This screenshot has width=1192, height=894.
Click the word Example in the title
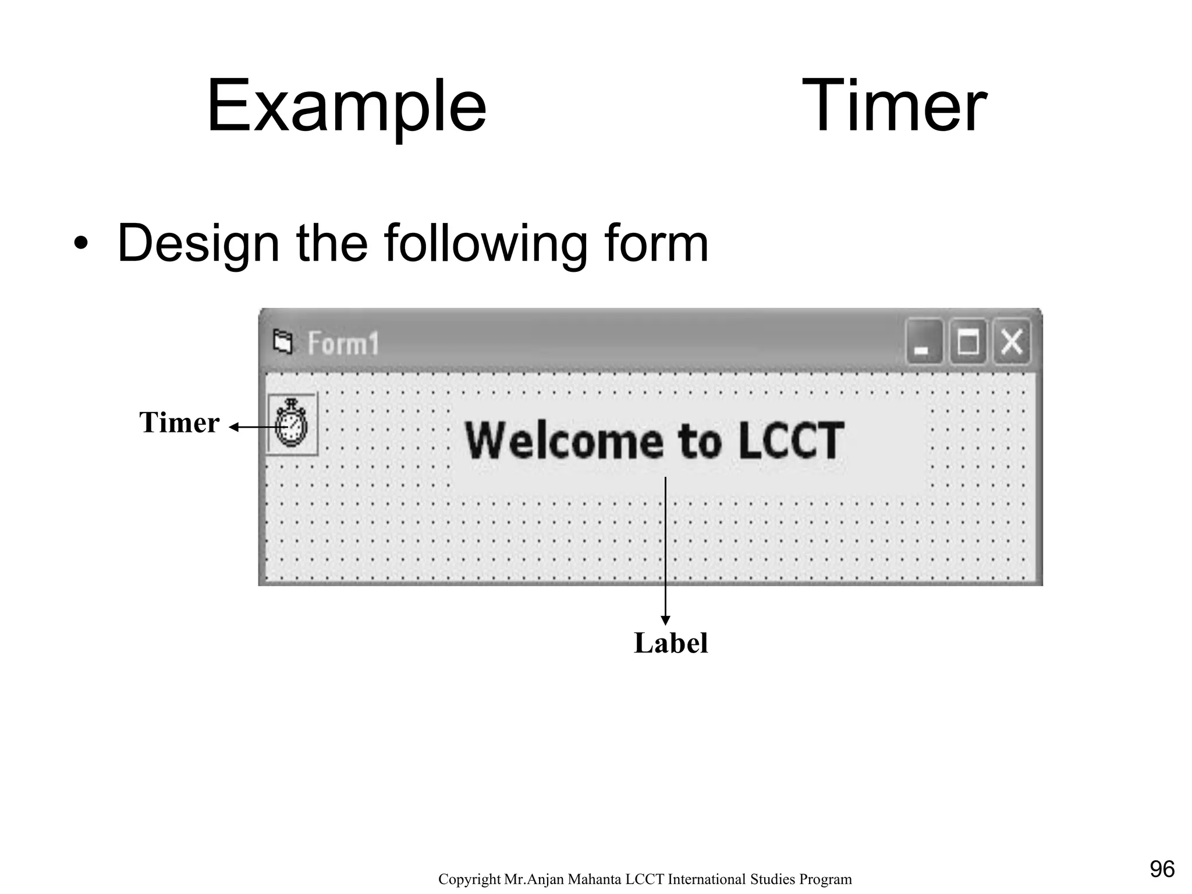click(346, 108)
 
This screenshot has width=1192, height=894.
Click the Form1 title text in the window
click(343, 343)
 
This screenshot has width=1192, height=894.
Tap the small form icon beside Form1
click(283, 342)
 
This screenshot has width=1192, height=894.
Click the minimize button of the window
click(923, 342)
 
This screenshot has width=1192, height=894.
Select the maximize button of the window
click(968, 342)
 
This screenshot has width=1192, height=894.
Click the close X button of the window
click(1012, 342)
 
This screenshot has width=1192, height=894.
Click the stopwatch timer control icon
click(292, 423)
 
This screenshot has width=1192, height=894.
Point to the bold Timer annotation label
click(179, 423)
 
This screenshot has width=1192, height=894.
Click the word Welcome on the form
click(564, 441)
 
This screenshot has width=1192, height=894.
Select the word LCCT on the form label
click(791, 441)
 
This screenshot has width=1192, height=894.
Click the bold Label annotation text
click(670, 643)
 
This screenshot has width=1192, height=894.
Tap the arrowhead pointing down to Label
click(665, 620)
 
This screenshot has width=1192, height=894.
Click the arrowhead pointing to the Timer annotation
click(234, 427)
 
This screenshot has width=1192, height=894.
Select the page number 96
click(1162, 869)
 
